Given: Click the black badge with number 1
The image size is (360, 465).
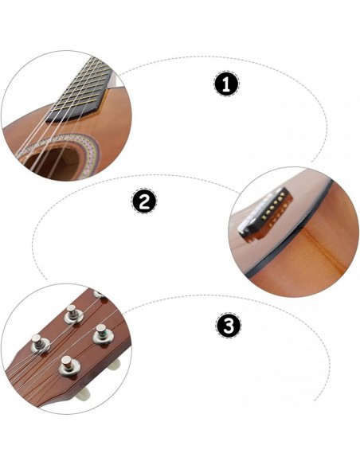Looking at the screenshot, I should pos(227,84).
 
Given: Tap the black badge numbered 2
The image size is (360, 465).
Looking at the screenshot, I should pos(143,202).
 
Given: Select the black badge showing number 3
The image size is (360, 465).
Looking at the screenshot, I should pos(228,326).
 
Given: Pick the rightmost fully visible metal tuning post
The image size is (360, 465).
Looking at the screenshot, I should pos(102,335).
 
